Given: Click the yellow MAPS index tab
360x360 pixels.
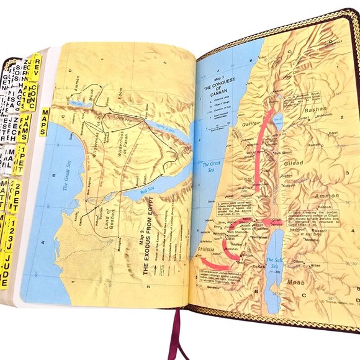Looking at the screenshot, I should click(x=45, y=121).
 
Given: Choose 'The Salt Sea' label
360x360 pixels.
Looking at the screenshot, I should click(x=274, y=263).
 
